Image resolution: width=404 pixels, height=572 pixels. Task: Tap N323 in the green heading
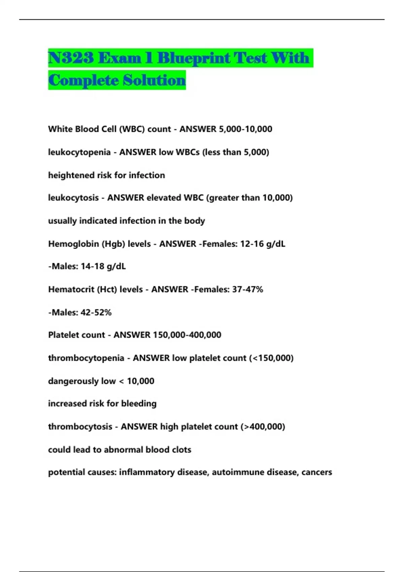point(70,58)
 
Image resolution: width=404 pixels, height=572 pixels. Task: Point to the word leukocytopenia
point(79,152)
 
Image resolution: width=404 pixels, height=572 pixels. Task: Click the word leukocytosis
point(73,198)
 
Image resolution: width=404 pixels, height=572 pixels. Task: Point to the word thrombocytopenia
point(86,358)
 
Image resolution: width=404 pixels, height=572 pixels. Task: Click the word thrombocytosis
point(80,427)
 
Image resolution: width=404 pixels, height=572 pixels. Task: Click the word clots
point(181,450)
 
